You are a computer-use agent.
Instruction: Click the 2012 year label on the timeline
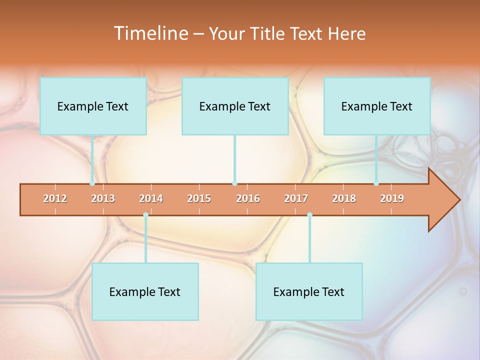55,199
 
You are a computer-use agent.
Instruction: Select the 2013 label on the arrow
103,199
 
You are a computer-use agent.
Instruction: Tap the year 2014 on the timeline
151,199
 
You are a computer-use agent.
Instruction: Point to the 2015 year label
199,199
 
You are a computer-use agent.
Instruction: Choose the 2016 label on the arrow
248,199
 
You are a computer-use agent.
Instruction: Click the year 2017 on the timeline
296,199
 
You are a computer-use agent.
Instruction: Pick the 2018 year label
344,199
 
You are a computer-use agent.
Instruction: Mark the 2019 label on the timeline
392,199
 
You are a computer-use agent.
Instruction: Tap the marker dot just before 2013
92,183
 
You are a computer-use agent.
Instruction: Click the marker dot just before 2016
234,183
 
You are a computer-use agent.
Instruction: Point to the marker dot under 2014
145,215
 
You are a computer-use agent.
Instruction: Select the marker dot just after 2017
309,215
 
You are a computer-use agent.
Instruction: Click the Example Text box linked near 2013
93,106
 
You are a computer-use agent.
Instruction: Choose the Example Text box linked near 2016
235,106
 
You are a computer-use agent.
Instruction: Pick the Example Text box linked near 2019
377,106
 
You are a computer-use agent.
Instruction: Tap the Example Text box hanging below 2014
145,292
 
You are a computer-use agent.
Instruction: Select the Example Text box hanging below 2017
309,292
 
